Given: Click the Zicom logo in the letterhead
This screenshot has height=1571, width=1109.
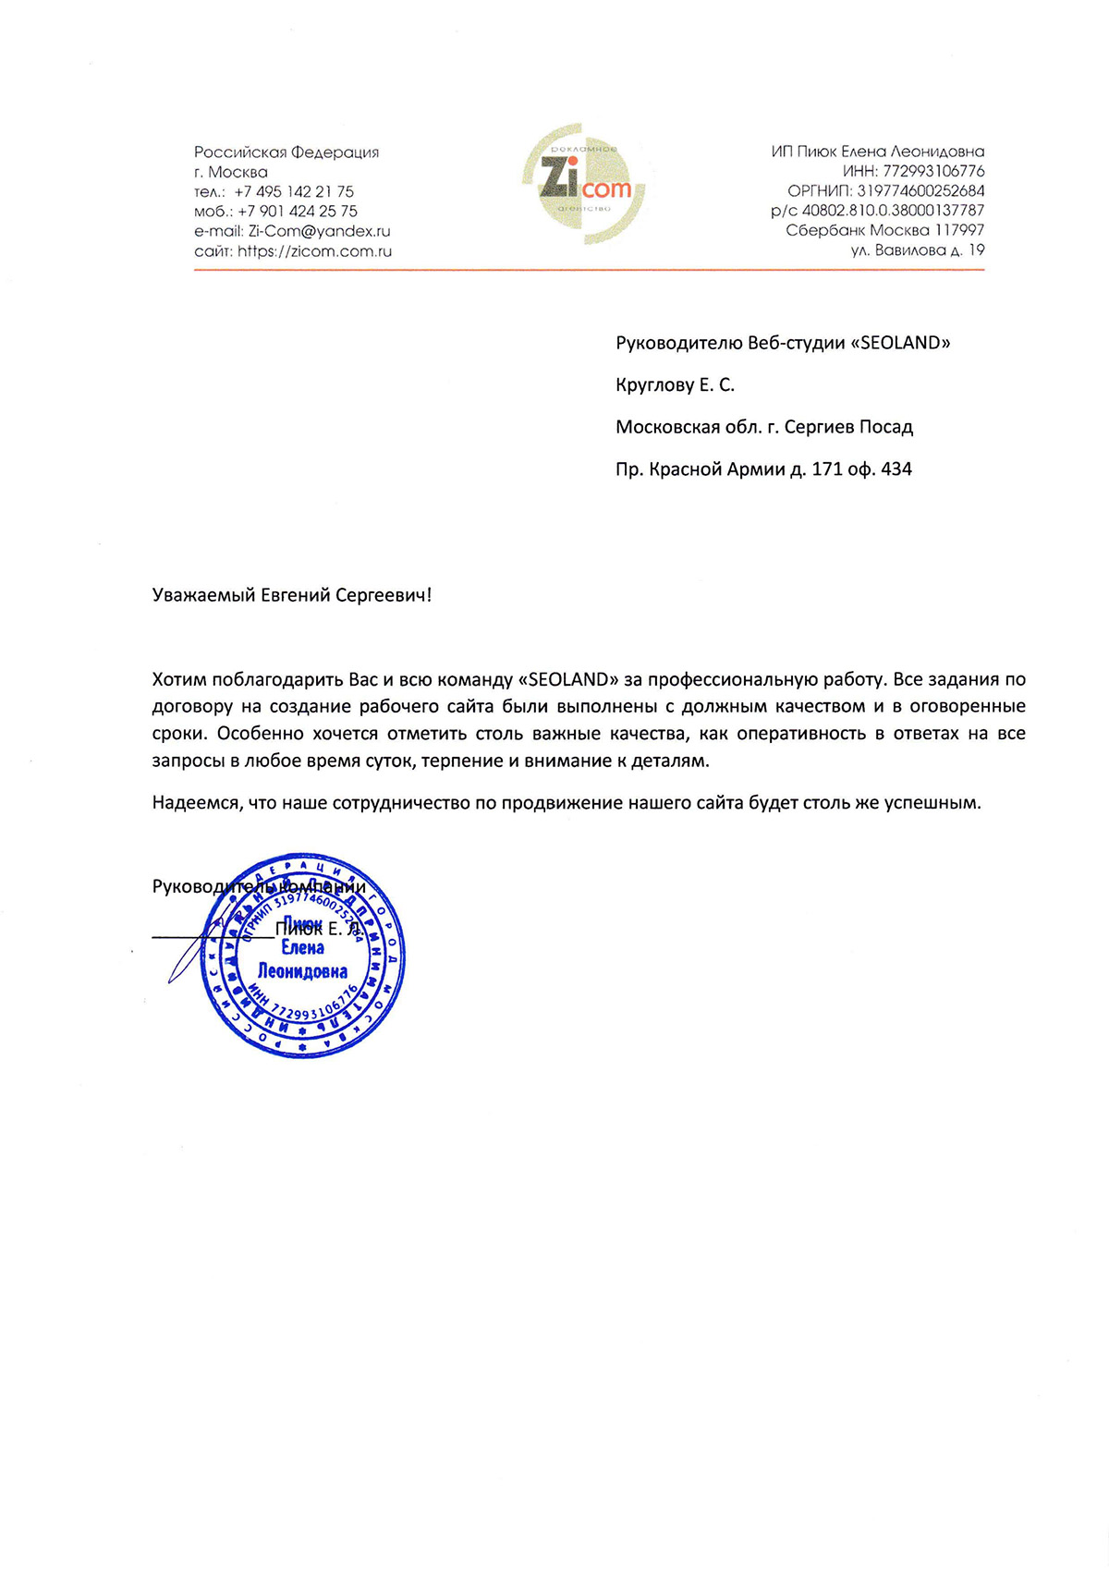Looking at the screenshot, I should point(585,185).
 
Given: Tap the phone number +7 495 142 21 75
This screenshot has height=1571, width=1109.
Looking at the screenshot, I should point(294,191).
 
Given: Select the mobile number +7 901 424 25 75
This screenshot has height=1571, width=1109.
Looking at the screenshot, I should point(298,211).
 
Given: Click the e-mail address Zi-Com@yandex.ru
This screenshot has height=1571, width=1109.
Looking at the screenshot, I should point(320,231).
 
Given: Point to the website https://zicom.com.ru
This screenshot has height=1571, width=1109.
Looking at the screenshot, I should point(315,250).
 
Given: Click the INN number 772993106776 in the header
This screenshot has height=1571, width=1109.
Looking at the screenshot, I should point(933,171).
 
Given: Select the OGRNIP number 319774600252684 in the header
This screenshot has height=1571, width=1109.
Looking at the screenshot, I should point(920,190).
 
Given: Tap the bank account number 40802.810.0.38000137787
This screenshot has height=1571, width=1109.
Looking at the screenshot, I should point(893,210).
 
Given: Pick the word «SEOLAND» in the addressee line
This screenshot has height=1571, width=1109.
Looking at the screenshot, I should point(901,343).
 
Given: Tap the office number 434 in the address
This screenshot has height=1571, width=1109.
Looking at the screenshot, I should point(896,469).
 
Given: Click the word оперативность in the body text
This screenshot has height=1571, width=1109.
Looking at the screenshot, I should point(802,734).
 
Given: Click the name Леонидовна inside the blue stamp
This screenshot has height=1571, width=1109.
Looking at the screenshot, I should point(302,971).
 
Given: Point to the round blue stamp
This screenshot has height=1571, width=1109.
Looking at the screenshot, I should point(303,956).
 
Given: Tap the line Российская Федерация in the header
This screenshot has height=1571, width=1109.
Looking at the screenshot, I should point(286,152).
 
